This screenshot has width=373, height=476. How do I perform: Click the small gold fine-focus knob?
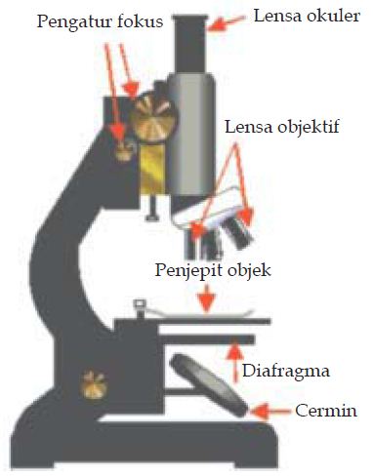[x=123, y=148]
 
